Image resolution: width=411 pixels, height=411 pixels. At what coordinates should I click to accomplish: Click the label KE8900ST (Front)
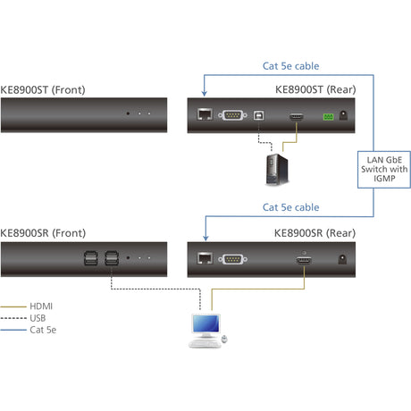[43, 89]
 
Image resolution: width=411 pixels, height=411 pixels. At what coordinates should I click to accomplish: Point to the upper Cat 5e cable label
[290, 65]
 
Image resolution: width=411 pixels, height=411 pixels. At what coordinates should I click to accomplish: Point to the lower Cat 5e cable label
[290, 207]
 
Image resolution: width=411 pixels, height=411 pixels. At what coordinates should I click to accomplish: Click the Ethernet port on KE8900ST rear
[204, 115]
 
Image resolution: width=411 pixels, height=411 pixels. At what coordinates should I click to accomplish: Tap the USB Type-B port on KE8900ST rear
[258, 115]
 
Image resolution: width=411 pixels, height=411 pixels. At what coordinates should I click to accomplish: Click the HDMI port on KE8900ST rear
[296, 116]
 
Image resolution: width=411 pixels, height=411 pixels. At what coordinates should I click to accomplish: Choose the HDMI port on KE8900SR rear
[304, 259]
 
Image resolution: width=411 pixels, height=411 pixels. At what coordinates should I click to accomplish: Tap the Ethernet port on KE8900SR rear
[204, 258]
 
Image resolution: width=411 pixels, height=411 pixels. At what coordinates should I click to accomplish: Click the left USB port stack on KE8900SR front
[91, 258]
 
